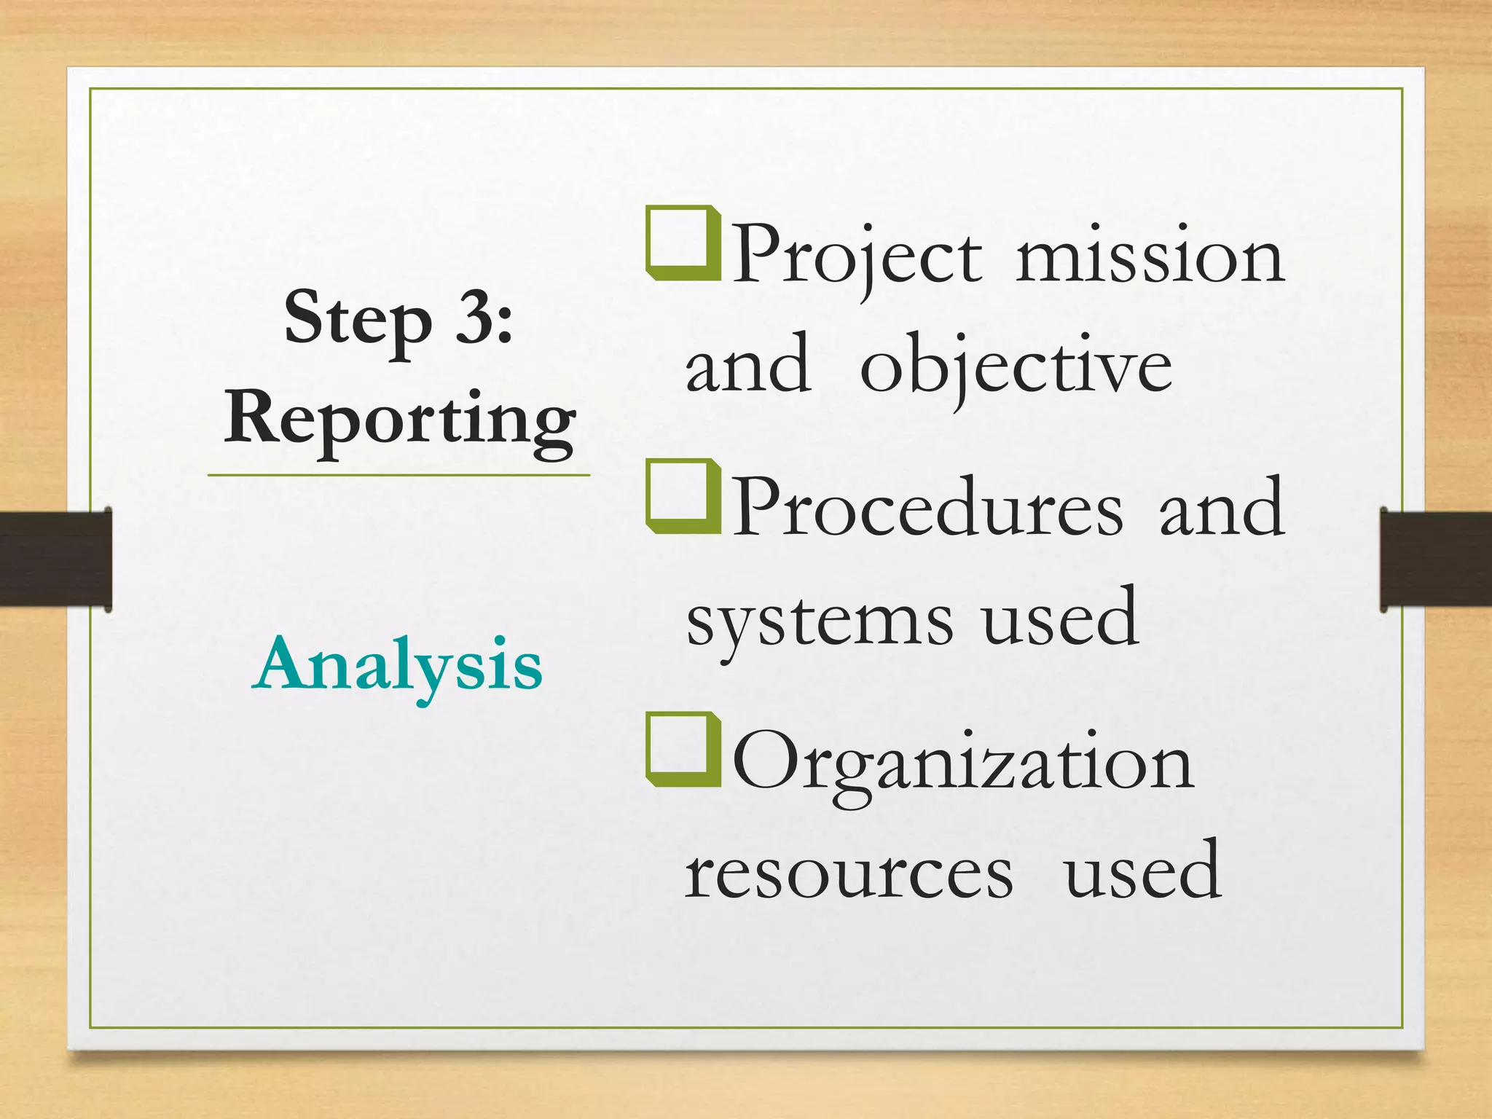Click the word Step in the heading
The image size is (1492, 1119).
tap(358, 320)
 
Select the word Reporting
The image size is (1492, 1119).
tap(400, 420)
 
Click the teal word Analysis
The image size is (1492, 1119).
tap(398, 665)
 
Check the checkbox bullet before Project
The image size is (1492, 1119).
tap(682, 244)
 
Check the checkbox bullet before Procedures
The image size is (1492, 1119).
tap(682, 497)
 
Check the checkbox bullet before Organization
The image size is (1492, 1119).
tap(682, 750)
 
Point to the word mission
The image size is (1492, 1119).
tap(1150, 256)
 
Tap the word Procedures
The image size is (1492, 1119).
tap(927, 507)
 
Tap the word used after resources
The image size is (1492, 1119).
tap(1142, 871)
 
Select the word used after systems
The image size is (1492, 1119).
tap(1060, 619)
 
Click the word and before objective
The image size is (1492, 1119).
tap(747, 364)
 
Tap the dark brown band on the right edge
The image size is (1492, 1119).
tap(1435, 559)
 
